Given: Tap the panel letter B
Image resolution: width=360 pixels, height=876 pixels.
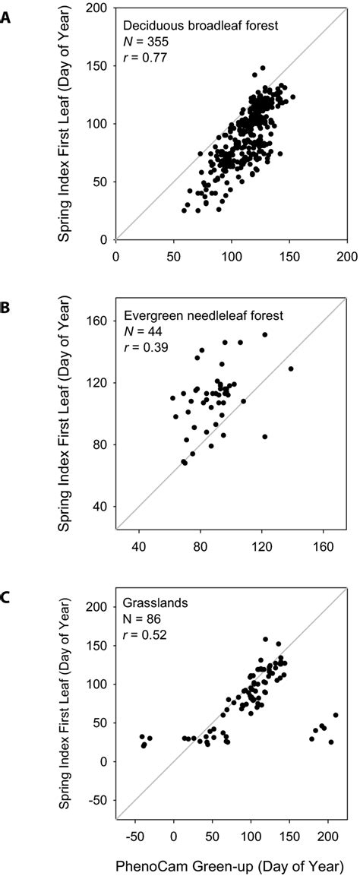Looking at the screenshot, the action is pyautogui.click(x=5, y=307).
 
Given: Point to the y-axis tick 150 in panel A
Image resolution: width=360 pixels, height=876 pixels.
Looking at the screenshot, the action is pyautogui.click(x=99, y=66).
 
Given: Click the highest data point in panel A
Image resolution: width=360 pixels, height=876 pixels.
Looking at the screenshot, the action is pyautogui.click(x=262, y=68).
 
